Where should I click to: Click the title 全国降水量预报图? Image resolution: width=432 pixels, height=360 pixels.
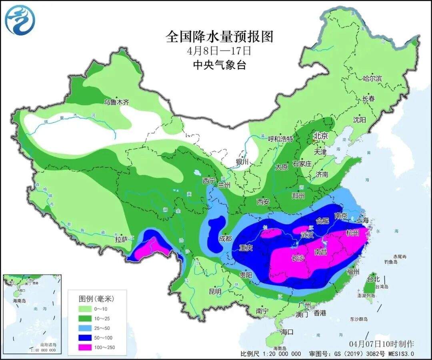219,37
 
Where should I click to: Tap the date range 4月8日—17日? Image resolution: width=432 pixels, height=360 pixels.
219,51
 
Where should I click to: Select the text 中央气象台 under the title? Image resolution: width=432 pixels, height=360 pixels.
219,64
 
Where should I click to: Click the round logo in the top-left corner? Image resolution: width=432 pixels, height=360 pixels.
20,19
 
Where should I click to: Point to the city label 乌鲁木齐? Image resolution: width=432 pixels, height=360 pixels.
117,102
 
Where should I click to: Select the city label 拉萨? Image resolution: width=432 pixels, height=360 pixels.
121,239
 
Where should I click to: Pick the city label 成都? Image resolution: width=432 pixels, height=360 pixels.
225,238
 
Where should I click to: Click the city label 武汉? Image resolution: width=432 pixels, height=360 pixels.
307,235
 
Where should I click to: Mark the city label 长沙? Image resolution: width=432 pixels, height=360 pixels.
298,258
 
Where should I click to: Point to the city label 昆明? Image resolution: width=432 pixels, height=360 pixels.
215,291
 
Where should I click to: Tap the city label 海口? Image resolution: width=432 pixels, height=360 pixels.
287,332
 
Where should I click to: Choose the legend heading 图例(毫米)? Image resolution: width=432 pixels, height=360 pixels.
96,299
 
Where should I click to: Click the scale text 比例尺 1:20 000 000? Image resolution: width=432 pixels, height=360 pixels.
271,354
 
